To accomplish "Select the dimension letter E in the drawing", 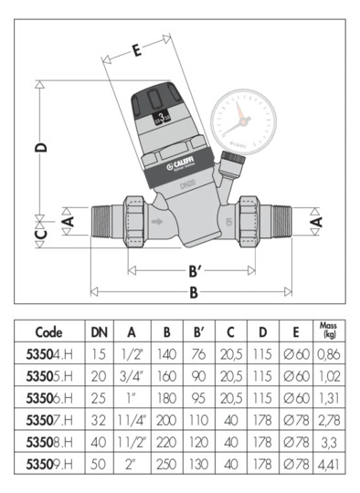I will click(135, 52).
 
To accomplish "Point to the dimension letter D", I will click(41, 147).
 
